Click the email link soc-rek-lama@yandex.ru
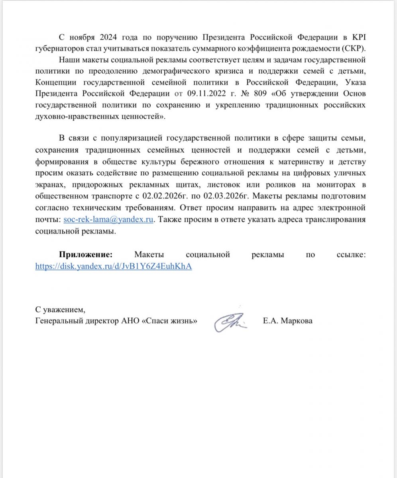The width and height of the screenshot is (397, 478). [x=108, y=219]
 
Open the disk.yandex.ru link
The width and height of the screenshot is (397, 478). [x=114, y=266]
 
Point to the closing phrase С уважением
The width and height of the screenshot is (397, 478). [x=60, y=310]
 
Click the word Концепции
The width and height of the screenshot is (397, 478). [x=55, y=83]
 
